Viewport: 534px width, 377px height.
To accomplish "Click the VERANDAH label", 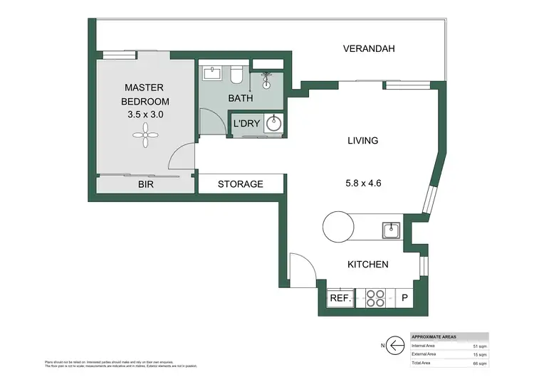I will pyautogui.click(x=368, y=49).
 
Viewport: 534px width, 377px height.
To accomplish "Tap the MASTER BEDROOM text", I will pyautogui.click(x=145, y=95).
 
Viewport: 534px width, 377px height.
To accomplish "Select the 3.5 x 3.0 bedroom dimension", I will pyautogui.click(x=145, y=113).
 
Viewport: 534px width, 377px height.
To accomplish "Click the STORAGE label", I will pyautogui.click(x=241, y=184).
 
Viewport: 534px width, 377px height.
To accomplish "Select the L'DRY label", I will pyautogui.click(x=246, y=124).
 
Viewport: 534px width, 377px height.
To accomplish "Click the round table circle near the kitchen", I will pyautogui.click(x=340, y=228).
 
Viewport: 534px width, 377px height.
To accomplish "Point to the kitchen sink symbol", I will pyautogui.click(x=390, y=230).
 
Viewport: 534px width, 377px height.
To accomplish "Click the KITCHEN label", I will pyautogui.click(x=367, y=265).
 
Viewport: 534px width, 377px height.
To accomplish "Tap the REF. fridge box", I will pyautogui.click(x=340, y=299).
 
